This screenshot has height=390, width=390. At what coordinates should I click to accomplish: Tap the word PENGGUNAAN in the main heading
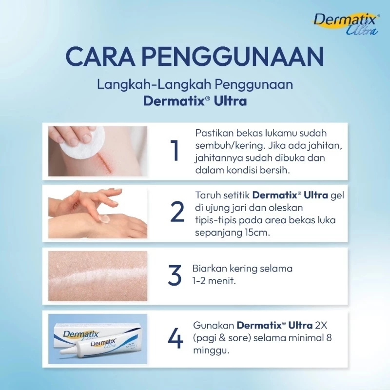(233, 57)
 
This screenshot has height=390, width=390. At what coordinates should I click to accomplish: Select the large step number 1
(175, 151)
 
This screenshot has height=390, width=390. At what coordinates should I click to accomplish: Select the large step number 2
(177, 212)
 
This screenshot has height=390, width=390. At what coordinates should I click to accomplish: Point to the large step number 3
(175, 275)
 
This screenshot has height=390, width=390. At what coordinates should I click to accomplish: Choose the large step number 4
(175, 338)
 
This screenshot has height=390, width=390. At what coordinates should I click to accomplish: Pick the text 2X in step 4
(321, 325)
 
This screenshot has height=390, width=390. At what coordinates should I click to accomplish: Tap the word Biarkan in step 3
(210, 269)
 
